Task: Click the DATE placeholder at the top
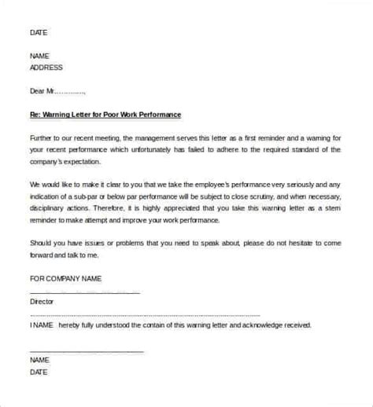click(37, 32)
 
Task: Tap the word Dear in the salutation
click(38, 90)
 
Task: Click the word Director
click(40, 300)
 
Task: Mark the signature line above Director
click(84, 291)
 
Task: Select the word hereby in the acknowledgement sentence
click(73, 324)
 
